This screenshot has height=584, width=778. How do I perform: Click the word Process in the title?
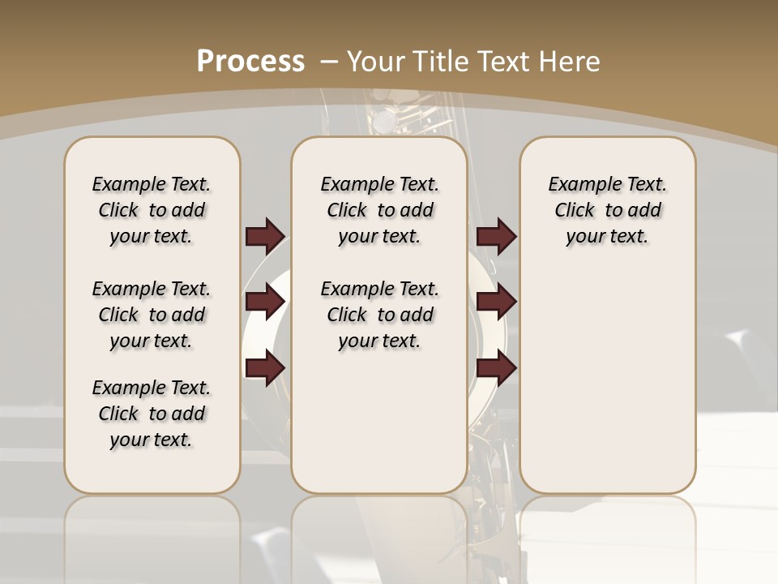(x=250, y=62)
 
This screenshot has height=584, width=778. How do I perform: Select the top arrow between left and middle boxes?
(x=265, y=236)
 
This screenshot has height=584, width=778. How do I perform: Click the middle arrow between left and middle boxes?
(x=265, y=303)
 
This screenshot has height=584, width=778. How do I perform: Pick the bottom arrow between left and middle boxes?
(x=265, y=369)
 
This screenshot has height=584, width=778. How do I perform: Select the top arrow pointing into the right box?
(x=496, y=236)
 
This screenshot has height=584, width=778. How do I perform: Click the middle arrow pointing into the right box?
(x=496, y=303)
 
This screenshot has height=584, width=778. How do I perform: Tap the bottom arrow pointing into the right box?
(x=496, y=369)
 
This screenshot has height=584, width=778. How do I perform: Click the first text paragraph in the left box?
(x=152, y=210)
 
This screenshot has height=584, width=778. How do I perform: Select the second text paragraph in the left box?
(x=152, y=315)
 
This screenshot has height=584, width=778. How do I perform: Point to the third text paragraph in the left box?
(x=152, y=414)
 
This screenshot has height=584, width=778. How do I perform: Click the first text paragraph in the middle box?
(x=379, y=210)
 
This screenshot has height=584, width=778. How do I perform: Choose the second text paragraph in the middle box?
(x=379, y=315)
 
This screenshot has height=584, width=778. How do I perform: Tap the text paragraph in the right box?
(x=607, y=210)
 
